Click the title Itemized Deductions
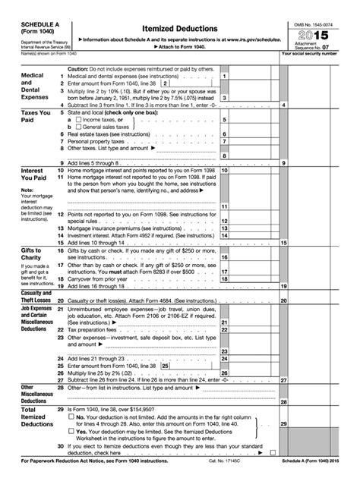tap(180, 27)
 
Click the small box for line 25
tap(176, 365)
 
